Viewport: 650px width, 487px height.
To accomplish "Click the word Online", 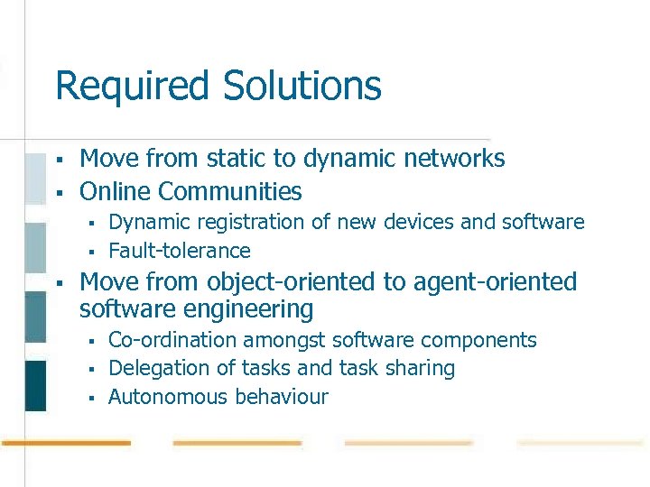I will (x=115, y=191).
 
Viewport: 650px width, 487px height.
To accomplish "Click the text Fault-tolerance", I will (x=179, y=251).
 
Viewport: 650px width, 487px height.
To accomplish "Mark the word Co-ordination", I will (x=171, y=340).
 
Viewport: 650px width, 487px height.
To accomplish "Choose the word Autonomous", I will (x=169, y=397).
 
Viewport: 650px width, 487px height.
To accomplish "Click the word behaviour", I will (x=282, y=397).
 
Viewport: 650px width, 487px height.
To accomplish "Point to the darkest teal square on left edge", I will (x=35, y=385).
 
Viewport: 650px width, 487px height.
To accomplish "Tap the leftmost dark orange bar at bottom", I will (x=66, y=444).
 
